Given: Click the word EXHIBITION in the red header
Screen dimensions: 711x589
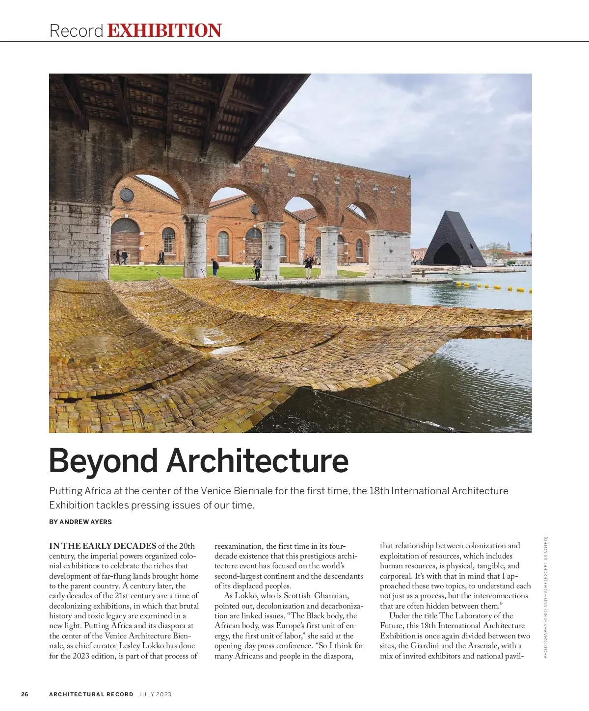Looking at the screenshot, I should (164, 30).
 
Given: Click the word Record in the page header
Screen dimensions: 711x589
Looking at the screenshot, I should (76, 31).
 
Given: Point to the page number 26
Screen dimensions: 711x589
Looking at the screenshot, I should (25, 694).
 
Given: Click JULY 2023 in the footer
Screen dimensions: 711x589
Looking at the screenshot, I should (155, 694).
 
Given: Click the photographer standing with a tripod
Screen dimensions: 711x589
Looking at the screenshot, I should (257, 268).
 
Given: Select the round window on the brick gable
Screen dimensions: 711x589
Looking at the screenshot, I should (127, 195).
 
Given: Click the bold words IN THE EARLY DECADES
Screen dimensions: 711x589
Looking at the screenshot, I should (103, 546).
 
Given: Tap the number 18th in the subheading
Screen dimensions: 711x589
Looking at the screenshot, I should (378, 491).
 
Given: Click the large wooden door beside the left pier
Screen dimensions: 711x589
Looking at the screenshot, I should (126, 240).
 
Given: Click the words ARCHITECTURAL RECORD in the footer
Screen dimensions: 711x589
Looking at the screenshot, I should (91, 694).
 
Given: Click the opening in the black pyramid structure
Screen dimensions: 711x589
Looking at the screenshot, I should (447, 254).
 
